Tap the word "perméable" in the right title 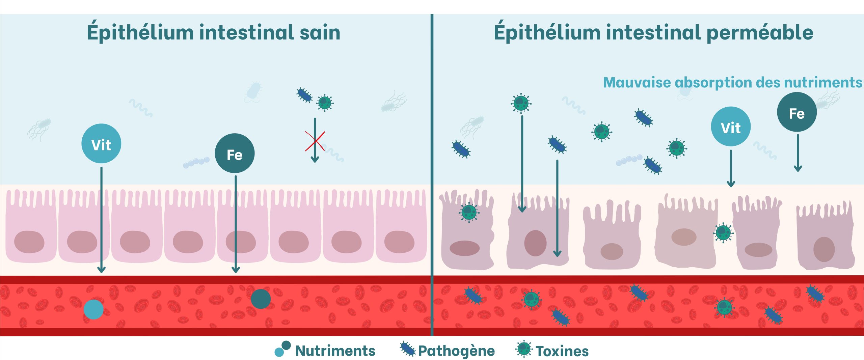click(759, 33)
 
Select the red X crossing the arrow click(315, 141)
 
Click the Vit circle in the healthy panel click(101, 144)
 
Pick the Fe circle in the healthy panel click(235, 154)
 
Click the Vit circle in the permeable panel click(731, 127)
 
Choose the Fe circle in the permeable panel click(796, 112)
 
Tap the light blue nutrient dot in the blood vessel click(93, 309)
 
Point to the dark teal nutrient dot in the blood click(261, 299)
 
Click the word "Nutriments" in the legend click(335, 351)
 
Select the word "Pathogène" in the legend click(456, 351)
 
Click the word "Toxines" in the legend click(562, 351)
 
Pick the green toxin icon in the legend click(524, 349)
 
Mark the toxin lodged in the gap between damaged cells click(723, 232)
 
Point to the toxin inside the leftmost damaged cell click(469, 212)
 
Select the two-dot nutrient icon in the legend click(282, 349)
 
